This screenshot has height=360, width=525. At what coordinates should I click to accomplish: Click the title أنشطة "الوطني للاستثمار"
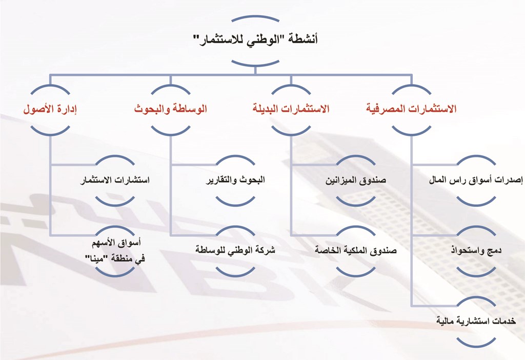pos(255,39)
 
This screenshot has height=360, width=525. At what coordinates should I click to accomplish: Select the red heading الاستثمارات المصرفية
pos(411,109)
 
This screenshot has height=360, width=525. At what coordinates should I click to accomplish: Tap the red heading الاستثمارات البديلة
pos(291,109)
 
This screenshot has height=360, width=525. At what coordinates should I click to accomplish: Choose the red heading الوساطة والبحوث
pos(170,109)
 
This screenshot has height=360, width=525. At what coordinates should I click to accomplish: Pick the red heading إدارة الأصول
pos(50,109)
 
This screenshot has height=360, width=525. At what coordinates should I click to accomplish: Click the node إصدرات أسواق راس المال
pos(476,180)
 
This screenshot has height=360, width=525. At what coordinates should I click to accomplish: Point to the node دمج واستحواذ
pos(476,250)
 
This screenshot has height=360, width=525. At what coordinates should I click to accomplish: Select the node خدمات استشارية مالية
pos(476,321)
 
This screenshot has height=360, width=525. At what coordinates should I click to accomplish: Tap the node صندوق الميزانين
pos(356,180)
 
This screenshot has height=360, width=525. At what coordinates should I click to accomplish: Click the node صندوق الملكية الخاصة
pos(356,250)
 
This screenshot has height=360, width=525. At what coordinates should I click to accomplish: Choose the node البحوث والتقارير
pos(235,180)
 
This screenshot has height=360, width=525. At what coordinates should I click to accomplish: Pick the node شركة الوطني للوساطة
pos(235,250)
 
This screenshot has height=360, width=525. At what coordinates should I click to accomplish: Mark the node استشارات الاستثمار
pos(115,180)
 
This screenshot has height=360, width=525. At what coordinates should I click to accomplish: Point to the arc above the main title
pos(255,16)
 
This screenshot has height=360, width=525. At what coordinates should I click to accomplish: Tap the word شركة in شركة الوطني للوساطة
pos(267,250)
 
